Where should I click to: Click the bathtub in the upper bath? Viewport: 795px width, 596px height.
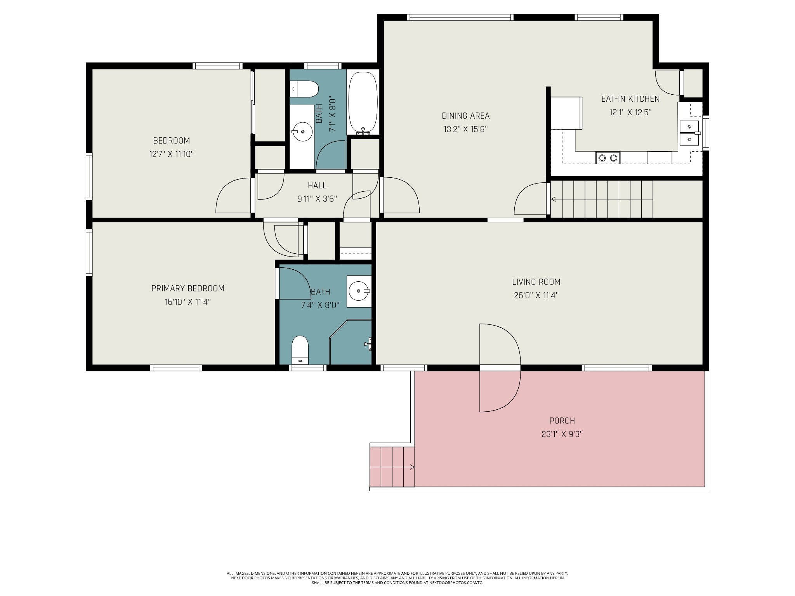tap(363, 103)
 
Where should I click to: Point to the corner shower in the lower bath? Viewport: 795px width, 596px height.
tap(351, 342)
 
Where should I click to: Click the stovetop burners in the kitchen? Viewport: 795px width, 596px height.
tap(608, 158)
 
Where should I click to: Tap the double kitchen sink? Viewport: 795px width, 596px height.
tap(690, 133)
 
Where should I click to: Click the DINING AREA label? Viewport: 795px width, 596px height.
tap(465, 116)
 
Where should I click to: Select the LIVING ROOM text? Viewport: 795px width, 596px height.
tap(536, 282)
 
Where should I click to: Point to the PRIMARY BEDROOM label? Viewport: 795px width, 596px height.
tap(188, 288)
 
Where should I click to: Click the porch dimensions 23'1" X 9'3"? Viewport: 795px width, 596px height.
tap(562, 434)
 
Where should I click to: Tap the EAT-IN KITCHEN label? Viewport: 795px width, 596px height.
tap(630, 99)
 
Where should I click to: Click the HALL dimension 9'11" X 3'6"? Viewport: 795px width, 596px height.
tap(317, 199)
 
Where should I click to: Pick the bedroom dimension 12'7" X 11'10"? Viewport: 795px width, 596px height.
tap(171, 154)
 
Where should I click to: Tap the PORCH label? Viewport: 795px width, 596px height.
tap(562, 421)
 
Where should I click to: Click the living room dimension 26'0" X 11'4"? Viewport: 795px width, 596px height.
tap(536, 295)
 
